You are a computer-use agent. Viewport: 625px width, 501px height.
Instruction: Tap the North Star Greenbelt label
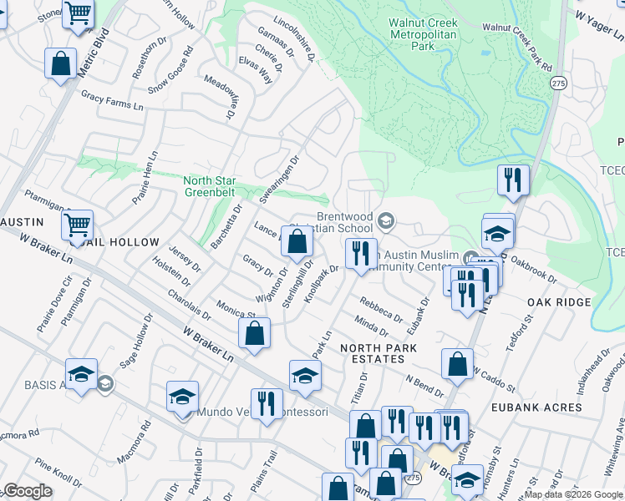210,186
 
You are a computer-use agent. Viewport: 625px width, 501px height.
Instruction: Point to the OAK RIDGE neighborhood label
559,302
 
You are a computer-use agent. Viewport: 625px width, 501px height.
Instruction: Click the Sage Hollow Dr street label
137,342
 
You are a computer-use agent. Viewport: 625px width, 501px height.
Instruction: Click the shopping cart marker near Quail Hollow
77,225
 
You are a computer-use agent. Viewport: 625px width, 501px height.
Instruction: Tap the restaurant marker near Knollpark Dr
360,254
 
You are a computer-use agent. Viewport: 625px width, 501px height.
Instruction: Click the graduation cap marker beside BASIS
81,375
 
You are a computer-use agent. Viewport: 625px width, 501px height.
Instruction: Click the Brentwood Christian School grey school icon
385,220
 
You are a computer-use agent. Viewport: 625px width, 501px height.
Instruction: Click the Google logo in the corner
28,491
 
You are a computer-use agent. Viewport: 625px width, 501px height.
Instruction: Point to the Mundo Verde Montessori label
262,412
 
